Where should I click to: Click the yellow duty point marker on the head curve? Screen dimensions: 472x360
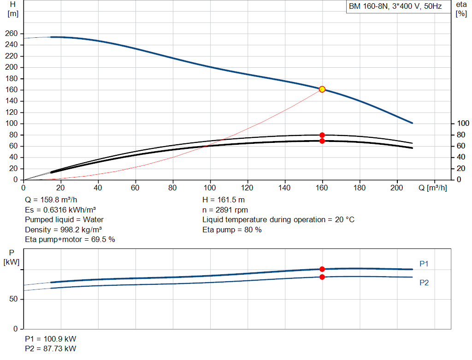click(x=322, y=89)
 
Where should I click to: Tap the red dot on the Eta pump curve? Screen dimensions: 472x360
click(x=322, y=135)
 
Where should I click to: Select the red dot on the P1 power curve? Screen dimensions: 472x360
click(x=322, y=269)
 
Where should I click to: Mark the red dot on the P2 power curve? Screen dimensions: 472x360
click(x=322, y=277)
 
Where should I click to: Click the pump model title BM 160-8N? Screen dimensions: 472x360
click(x=368, y=6)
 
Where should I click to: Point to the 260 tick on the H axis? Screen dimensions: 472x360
click(x=12, y=33)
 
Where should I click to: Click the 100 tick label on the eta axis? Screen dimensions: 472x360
click(x=463, y=124)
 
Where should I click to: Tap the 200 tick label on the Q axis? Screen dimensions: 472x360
click(x=396, y=188)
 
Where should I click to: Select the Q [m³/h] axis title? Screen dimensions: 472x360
click(x=432, y=188)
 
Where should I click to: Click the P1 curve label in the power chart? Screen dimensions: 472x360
click(x=424, y=264)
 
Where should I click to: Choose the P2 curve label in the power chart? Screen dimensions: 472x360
click(x=424, y=283)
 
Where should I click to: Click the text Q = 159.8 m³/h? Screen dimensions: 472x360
click(x=51, y=200)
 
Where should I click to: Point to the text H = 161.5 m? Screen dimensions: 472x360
click(x=224, y=200)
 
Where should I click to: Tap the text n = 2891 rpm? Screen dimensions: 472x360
click(x=225, y=210)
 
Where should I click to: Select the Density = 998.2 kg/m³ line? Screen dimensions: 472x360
click(x=63, y=230)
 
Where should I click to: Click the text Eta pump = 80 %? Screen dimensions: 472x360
click(x=232, y=230)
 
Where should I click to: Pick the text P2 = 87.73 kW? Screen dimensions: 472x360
click(x=51, y=348)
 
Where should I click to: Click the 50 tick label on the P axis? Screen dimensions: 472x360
click(x=13, y=299)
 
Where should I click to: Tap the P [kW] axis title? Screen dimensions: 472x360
click(x=12, y=257)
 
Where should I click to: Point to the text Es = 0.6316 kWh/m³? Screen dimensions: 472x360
click(x=60, y=210)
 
